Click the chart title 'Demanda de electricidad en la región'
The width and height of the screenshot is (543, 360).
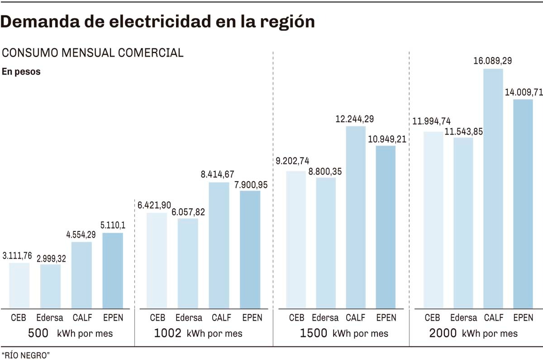(158, 22)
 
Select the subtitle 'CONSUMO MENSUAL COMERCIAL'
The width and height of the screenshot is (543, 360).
(93, 53)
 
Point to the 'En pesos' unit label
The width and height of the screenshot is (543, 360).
(21, 72)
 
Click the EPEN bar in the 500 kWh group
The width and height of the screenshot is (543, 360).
(113, 270)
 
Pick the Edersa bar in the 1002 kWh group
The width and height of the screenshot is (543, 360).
(188, 263)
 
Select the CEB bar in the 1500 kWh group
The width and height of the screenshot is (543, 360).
(296, 240)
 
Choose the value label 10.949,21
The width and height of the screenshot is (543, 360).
(386, 138)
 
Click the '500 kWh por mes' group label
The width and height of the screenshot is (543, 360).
(70, 334)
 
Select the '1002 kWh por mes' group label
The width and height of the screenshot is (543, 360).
(198, 334)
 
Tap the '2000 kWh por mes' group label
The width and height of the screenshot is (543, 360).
(473, 334)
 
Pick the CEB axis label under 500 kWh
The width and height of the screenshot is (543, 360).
(19, 317)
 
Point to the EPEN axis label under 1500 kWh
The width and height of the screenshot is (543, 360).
(386, 317)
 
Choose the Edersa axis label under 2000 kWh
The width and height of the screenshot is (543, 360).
(463, 317)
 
